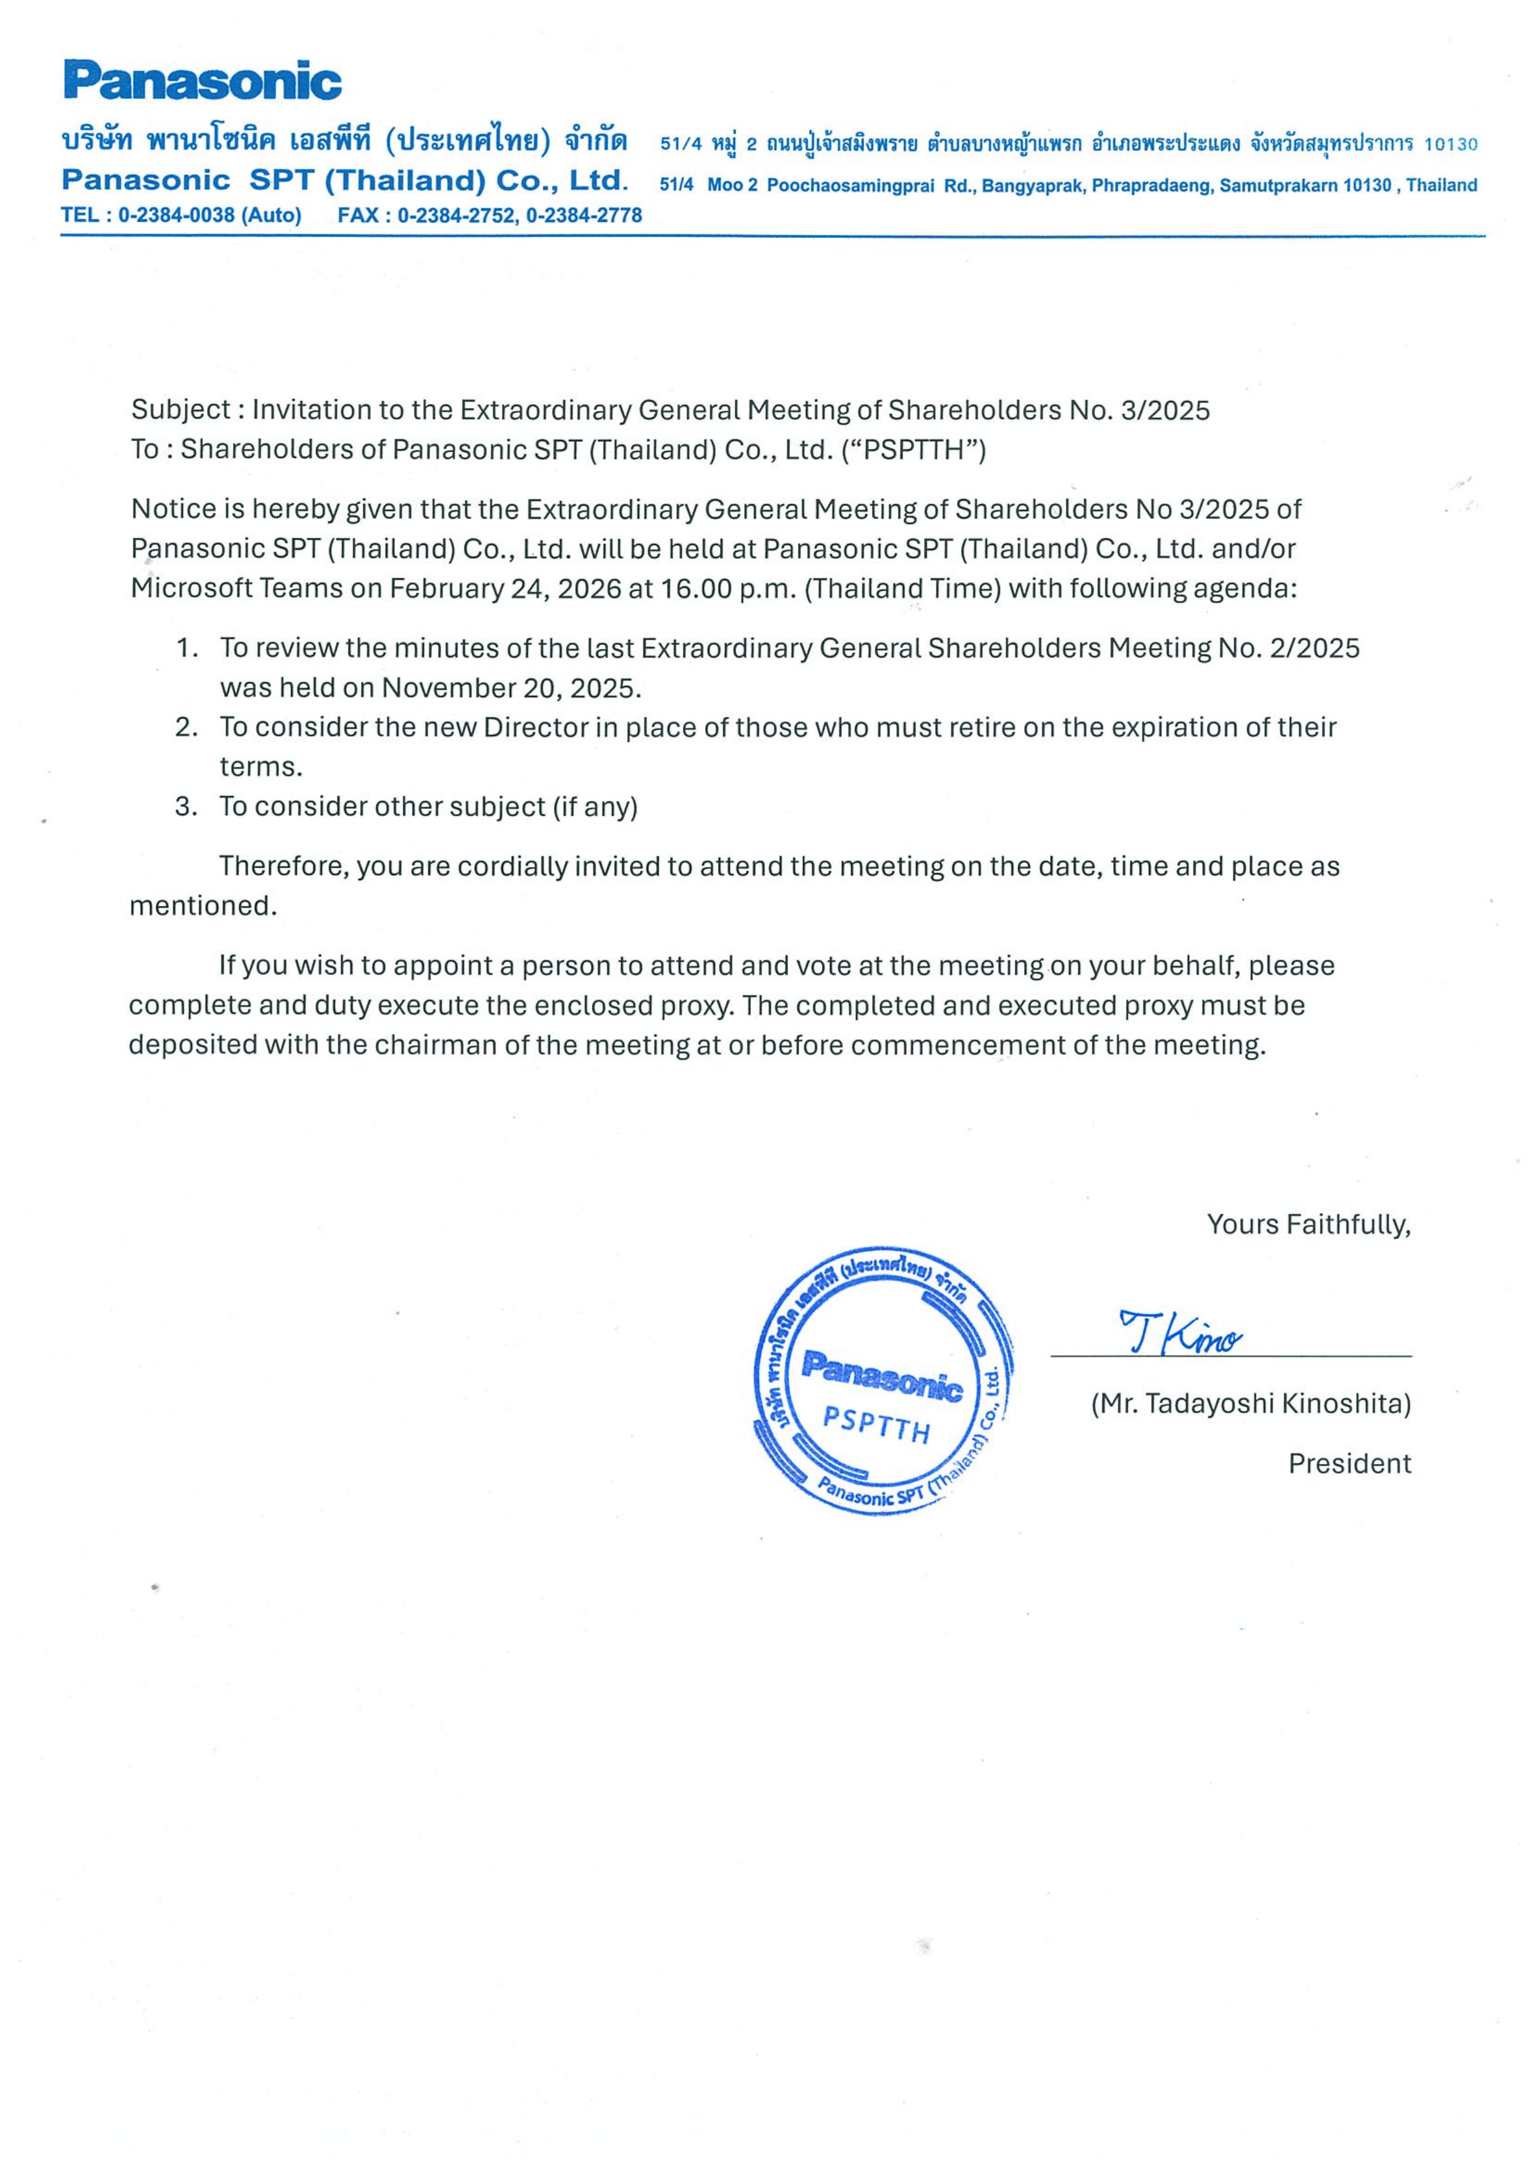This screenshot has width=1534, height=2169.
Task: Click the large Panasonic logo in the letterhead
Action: (x=202, y=81)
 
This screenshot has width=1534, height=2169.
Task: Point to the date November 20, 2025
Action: (x=510, y=688)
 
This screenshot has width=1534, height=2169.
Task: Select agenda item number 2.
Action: (x=185, y=727)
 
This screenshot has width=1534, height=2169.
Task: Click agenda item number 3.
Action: (x=185, y=807)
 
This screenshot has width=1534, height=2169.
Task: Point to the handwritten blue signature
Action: (x=1180, y=1333)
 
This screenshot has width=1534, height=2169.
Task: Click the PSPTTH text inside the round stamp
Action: (x=876, y=1424)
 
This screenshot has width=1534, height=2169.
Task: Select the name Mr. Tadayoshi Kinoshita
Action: (x=1251, y=1404)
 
